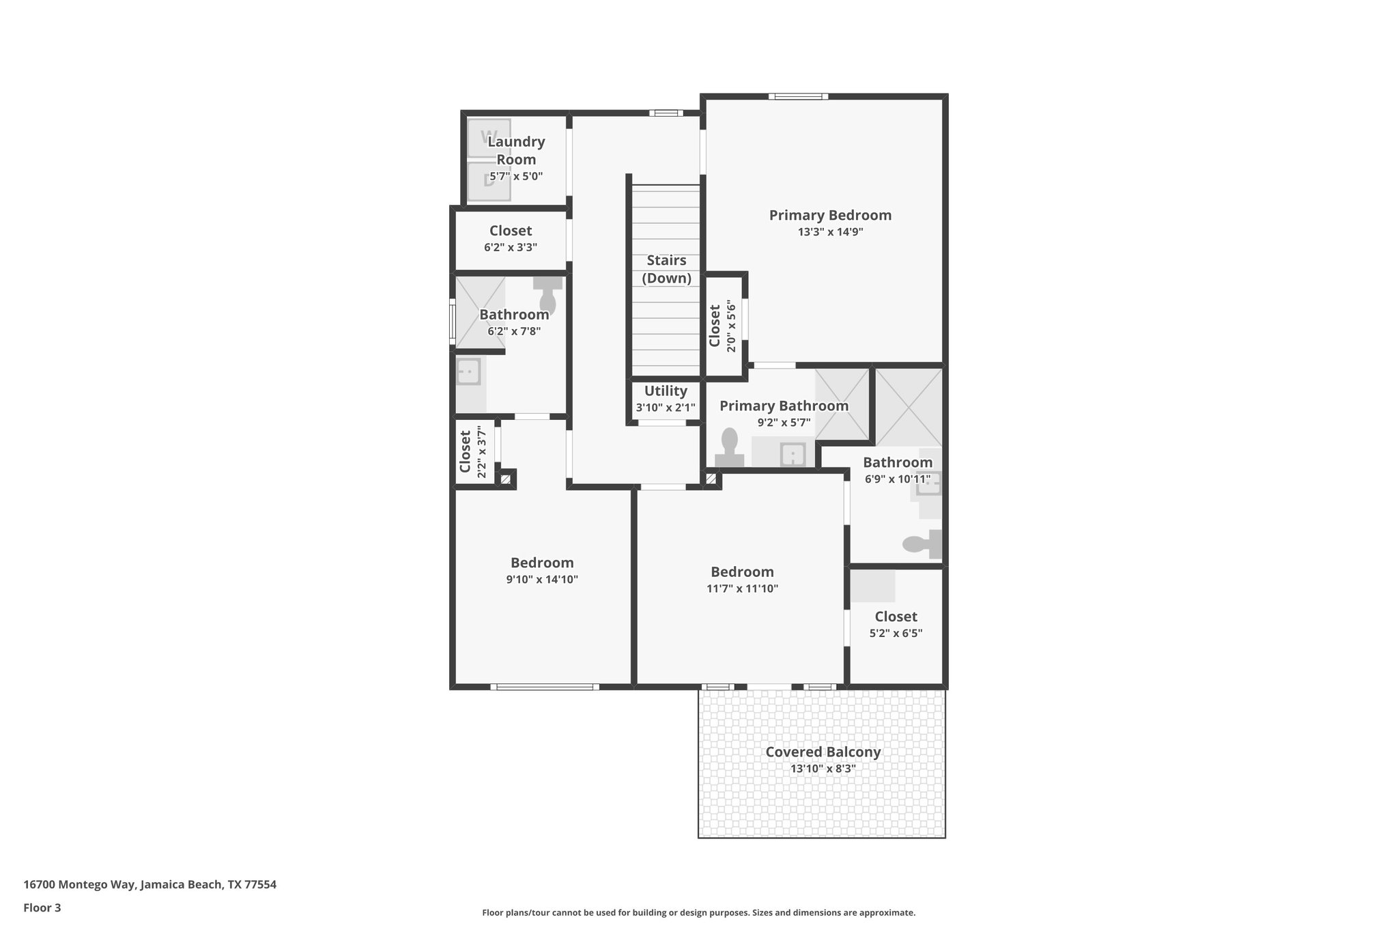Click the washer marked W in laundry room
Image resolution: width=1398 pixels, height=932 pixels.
488,138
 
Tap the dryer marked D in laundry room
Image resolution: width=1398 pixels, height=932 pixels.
488,181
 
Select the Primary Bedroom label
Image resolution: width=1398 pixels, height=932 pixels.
830,215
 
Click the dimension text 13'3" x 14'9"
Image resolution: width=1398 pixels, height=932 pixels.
830,232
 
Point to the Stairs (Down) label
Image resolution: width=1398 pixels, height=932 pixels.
666,269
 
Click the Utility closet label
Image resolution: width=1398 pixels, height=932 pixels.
666,391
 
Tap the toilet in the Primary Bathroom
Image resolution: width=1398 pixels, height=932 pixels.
729,447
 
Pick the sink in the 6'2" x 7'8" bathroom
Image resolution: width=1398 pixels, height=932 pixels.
468,373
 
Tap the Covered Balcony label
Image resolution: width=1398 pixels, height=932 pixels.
823,752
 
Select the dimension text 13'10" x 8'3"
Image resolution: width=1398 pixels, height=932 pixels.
823,769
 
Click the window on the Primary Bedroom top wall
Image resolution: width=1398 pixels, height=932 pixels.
798,96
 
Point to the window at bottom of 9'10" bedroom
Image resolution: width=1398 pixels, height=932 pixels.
545,687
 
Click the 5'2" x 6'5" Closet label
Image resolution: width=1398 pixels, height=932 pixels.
896,617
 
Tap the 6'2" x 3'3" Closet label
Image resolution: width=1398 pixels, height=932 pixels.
510,231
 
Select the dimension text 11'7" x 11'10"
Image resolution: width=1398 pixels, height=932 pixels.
742,589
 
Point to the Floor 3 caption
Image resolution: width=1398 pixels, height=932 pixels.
42,908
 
